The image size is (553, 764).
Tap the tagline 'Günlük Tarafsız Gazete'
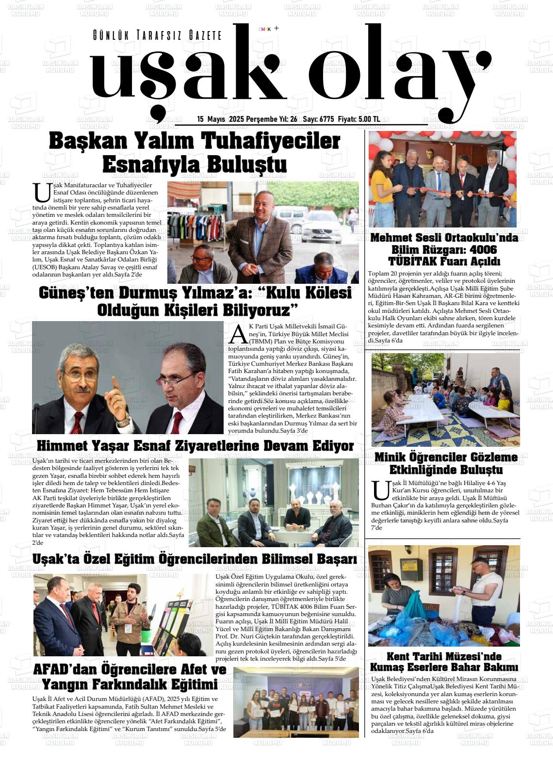(x=157, y=35)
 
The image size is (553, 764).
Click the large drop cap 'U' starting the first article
(x=42, y=193)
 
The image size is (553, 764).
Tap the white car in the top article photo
(x=320, y=230)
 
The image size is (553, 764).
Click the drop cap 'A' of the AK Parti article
(x=238, y=334)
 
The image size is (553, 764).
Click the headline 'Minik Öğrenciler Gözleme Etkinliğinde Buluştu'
(x=446, y=464)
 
